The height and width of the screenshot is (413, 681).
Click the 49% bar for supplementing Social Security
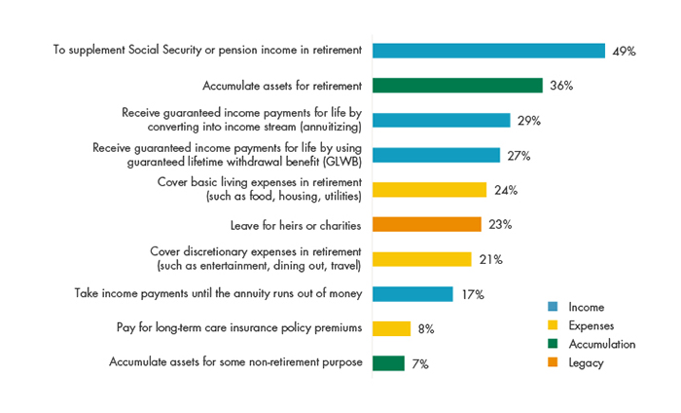pyautogui.click(x=488, y=51)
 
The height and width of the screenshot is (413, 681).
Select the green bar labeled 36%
pyautogui.click(x=457, y=86)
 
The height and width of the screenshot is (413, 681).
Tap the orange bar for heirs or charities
pyautogui.click(x=426, y=224)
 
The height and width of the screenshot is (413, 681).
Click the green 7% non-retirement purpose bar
pyautogui.click(x=388, y=362)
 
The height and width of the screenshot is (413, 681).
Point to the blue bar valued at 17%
pyautogui.click(x=412, y=293)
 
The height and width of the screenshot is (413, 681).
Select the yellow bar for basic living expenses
pyautogui.click(x=429, y=189)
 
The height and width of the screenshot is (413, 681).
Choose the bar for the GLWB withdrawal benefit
pyautogui.click(x=436, y=155)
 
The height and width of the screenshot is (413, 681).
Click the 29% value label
pyautogui.click(x=528, y=120)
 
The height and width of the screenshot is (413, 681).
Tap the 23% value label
pyautogui.click(x=500, y=224)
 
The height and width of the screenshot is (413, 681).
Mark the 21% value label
pyautogui.click(x=489, y=259)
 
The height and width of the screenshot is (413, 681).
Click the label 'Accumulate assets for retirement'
pyautogui.click(x=281, y=86)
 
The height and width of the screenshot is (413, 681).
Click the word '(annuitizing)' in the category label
pyautogui.click(x=326, y=127)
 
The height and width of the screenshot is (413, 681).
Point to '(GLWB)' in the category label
pyautogui.click(x=341, y=162)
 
